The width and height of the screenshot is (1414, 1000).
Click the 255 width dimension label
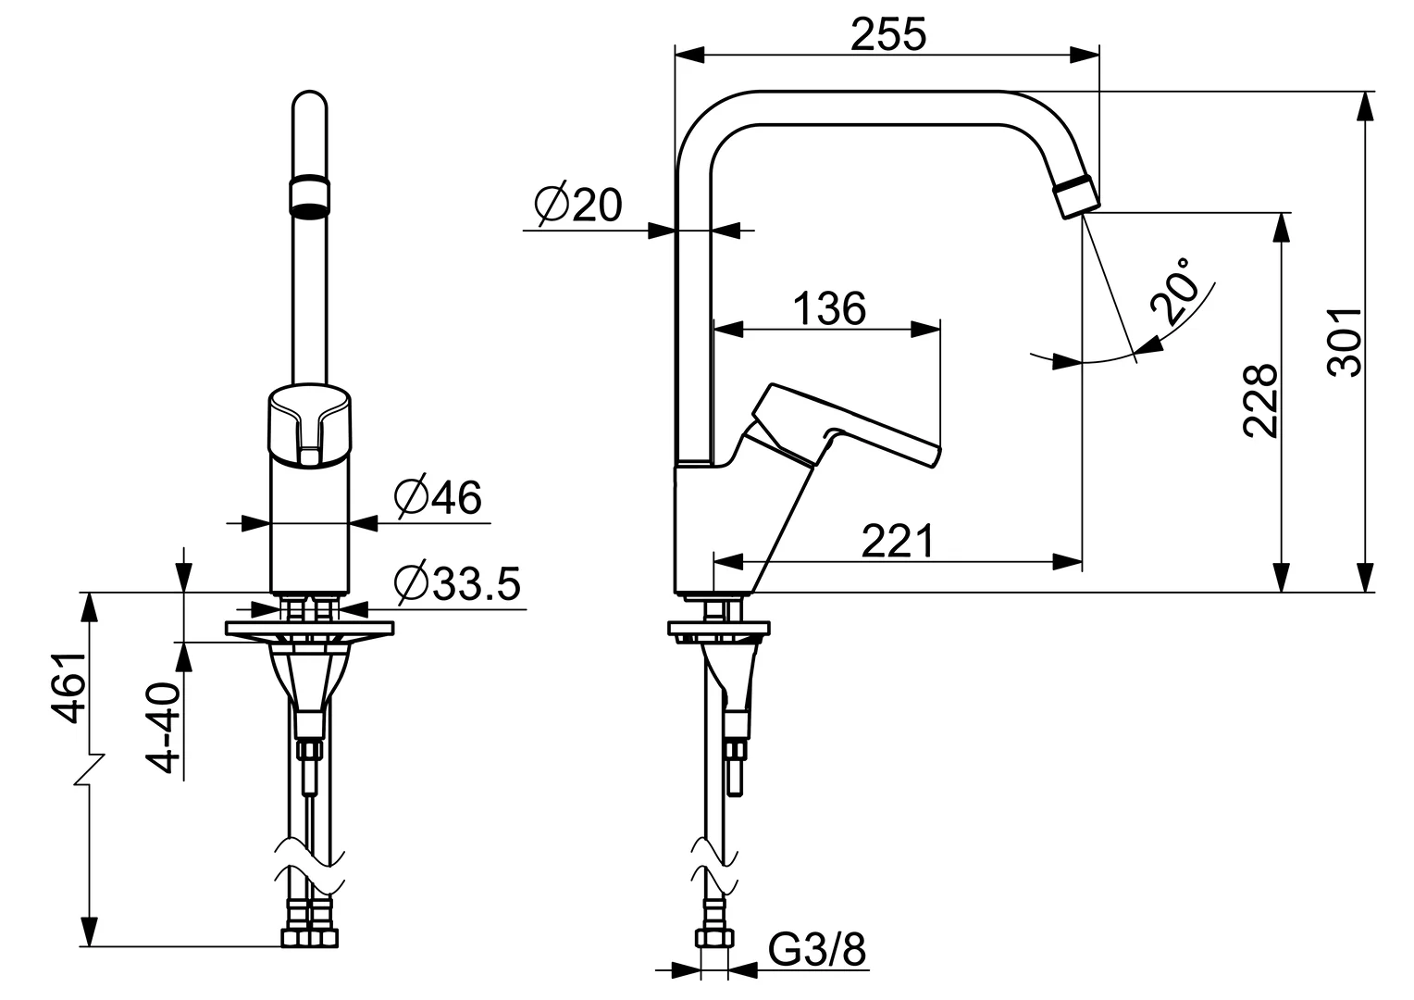pyautogui.click(x=887, y=35)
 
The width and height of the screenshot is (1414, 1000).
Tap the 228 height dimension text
pyautogui.click(x=1260, y=400)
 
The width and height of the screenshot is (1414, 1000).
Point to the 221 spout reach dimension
pyautogui.click(x=898, y=541)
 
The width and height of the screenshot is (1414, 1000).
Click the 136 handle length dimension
pyautogui.click(x=829, y=307)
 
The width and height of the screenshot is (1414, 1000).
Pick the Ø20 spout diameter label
pyautogui.click(x=579, y=206)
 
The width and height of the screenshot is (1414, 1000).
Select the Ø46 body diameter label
pyautogui.click(x=437, y=498)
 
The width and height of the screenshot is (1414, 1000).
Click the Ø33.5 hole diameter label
pyautogui.click(x=456, y=583)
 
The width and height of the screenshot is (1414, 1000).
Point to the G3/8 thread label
pyautogui.click(x=817, y=949)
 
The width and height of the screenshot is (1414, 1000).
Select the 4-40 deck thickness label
pyautogui.click(x=166, y=728)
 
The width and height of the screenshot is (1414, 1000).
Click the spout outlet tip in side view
pyautogui.click(x=1076, y=198)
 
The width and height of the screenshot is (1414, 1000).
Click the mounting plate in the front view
pyautogui.click(x=309, y=629)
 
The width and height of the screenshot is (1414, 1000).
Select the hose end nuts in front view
pyautogui.click(x=309, y=938)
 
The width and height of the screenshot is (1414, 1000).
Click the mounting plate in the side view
pyautogui.click(x=718, y=629)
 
